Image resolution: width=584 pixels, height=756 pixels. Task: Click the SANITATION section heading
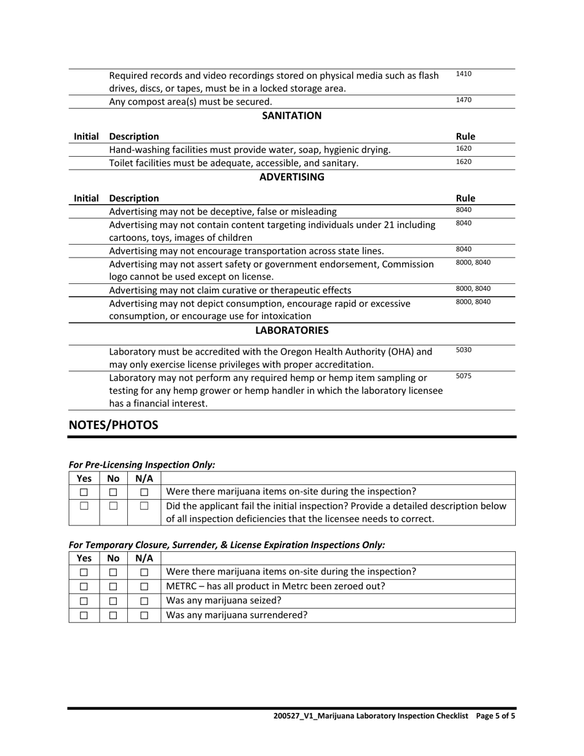click(291, 116)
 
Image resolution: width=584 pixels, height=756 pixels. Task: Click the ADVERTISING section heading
click(291, 177)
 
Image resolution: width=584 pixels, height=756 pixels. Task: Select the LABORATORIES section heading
click(291, 331)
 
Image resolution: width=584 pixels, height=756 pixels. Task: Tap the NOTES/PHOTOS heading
click(113, 425)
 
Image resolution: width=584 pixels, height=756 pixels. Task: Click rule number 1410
click(464, 74)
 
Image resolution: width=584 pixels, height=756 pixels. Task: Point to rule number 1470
click(464, 100)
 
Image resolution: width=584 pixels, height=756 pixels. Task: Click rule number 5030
click(464, 350)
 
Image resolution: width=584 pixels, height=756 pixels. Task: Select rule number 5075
click(464, 376)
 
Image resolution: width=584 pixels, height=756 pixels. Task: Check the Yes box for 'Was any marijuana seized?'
click(84, 600)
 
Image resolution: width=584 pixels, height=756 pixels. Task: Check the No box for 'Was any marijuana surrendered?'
click(113, 615)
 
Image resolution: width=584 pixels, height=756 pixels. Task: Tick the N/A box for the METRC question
click(144, 586)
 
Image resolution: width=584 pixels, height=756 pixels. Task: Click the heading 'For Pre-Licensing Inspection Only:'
click(142, 465)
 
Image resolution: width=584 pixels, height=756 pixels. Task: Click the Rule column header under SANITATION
click(465, 136)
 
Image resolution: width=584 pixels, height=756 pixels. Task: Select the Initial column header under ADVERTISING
click(86, 198)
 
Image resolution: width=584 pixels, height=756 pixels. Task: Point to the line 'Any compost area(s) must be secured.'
click(191, 101)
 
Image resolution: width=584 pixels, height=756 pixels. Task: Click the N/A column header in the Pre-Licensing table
click(144, 478)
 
